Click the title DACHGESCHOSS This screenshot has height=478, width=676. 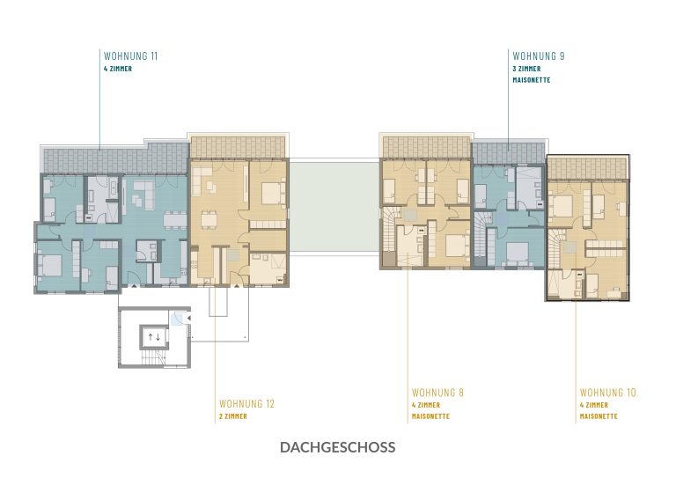click(x=338, y=447)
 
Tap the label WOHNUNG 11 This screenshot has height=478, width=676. click(x=130, y=55)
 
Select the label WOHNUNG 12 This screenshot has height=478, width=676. click(x=246, y=404)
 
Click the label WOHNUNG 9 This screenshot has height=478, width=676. click(x=539, y=55)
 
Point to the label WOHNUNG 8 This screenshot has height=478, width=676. click(x=437, y=393)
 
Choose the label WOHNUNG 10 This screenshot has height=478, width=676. click(x=608, y=393)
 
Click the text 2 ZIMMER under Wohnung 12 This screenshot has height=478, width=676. click(x=232, y=416)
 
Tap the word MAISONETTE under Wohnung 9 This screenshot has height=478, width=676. click(x=531, y=80)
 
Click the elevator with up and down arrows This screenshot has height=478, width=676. click(x=154, y=337)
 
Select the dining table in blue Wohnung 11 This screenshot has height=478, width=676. click(x=175, y=220)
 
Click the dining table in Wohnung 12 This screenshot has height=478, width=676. click(x=209, y=220)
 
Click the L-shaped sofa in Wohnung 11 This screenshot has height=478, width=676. click(x=145, y=195)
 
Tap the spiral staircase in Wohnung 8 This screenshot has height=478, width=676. click(x=389, y=229)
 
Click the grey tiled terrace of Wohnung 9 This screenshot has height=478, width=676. click(x=508, y=153)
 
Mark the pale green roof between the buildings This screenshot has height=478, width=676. click(x=334, y=206)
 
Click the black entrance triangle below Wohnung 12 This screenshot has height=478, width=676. click(x=236, y=285)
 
